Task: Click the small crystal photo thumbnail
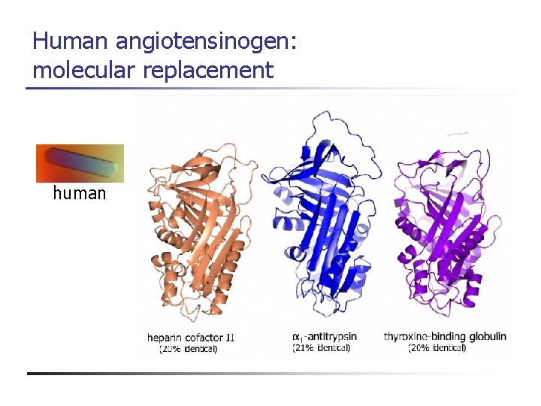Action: (80, 163)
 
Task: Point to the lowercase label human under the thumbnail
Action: (79, 194)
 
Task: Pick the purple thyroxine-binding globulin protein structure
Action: (444, 226)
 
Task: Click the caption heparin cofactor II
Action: (191, 338)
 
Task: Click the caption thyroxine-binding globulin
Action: (445, 337)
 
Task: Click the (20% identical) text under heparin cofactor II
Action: (189, 348)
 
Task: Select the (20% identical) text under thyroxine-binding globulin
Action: (437, 348)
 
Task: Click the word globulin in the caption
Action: (488, 337)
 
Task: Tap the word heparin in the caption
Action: (164, 338)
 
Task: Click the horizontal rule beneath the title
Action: (270, 89)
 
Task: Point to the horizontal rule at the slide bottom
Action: (270, 373)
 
